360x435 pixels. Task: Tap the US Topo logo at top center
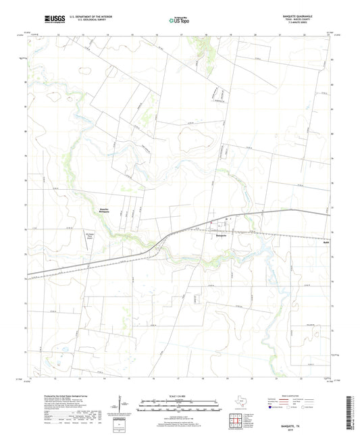(x=178, y=21)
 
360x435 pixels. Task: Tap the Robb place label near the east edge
(x=326, y=240)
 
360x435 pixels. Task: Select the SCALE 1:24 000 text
(x=180, y=397)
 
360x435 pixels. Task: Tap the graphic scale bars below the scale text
(x=180, y=408)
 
